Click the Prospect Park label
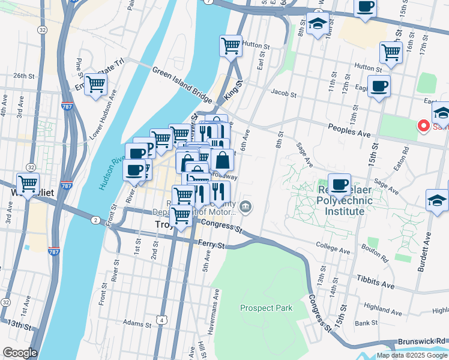266,308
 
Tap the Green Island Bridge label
182,84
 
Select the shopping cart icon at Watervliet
28,183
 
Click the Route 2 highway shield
95,221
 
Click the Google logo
20,353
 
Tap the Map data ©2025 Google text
411,355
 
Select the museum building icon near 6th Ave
246,208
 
